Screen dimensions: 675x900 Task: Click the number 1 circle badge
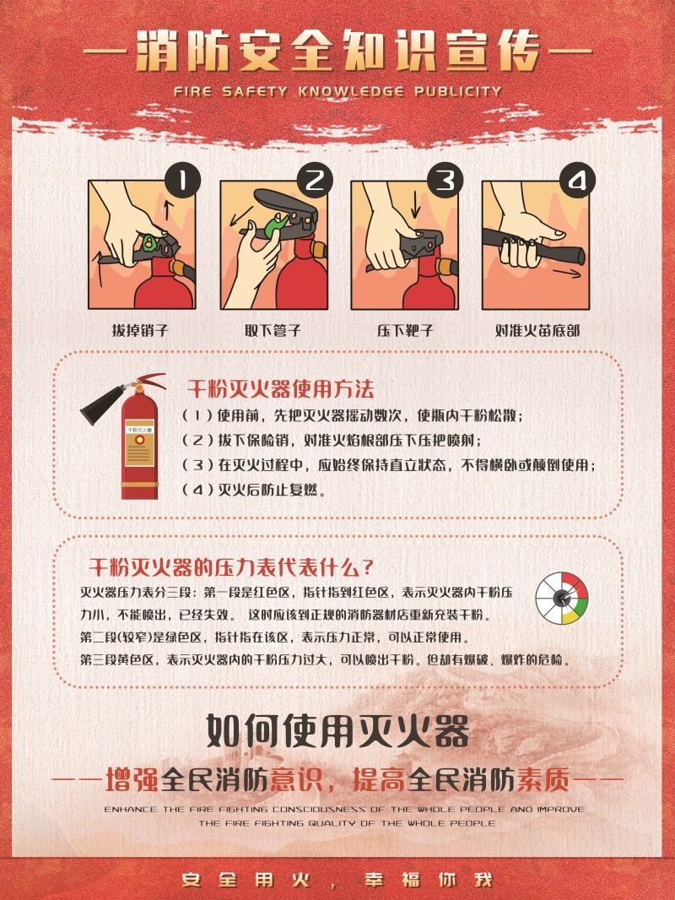click(x=183, y=181)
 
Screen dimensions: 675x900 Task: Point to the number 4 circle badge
click(x=577, y=181)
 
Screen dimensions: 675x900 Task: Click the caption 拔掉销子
click(x=141, y=331)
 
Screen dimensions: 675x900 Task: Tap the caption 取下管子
click(x=273, y=331)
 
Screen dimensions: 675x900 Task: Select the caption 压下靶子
click(x=405, y=331)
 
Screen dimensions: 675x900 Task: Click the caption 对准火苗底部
click(x=537, y=331)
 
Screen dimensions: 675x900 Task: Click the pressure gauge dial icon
click(x=562, y=598)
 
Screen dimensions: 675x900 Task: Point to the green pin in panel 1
click(x=151, y=243)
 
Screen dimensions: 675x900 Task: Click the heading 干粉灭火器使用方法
click(x=280, y=389)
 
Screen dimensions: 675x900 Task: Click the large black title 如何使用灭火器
click(x=337, y=730)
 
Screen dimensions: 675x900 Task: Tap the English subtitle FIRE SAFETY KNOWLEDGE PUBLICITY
click(x=337, y=91)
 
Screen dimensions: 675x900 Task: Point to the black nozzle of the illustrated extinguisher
click(x=103, y=404)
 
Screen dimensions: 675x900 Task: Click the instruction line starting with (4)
click(x=254, y=491)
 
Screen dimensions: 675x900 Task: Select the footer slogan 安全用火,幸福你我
click(x=337, y=880)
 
